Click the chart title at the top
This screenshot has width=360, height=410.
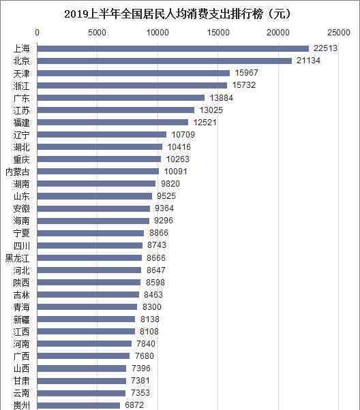tap(177, 14)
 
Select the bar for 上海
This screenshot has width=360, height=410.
tap(172, 48)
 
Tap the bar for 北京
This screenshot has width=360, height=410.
tap(164, 61)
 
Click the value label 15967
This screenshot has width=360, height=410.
tap(246, 73)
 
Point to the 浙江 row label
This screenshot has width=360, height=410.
tap(21, 86)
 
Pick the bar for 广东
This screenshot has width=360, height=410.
tap(121, 98)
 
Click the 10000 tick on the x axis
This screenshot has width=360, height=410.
tap(157, 33)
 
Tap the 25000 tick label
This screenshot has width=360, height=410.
tap(339, 33)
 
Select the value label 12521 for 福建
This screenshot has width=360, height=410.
tap(205, 122)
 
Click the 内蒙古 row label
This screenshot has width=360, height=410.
tap(18, 172)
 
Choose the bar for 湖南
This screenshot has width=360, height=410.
tap(96, 184)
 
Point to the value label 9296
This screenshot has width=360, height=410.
tap(164, 221)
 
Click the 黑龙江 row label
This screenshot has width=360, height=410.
tap(18, 258)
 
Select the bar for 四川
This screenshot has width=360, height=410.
tap(90, 246)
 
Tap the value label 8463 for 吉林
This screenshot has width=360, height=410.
tap(153, 295)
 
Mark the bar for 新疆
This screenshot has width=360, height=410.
tap(86, 319)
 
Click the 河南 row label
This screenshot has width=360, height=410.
tap(21, 344)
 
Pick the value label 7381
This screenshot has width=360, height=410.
tap(140, 381)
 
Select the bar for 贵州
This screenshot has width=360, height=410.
tap(78, 406)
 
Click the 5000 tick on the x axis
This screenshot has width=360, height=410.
tap(97, 33)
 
